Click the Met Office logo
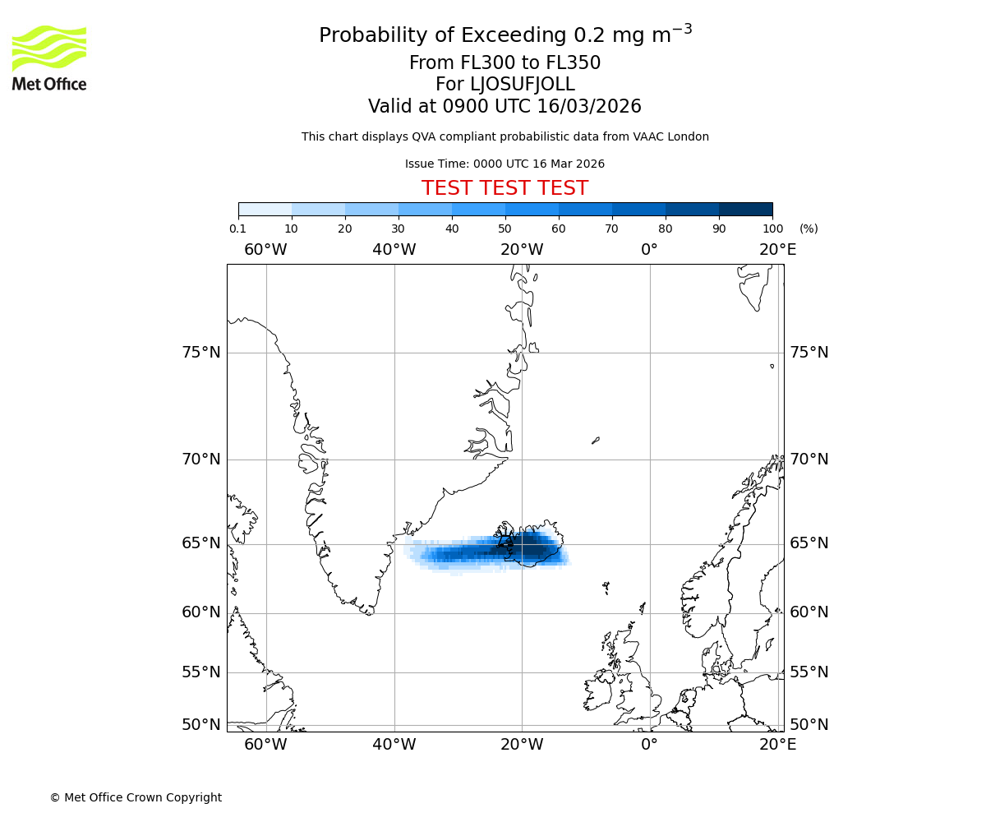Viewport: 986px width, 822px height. coord(49,58)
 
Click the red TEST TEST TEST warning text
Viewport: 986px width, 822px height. coord(505,188)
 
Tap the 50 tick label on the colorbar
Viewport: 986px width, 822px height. coord(505,229)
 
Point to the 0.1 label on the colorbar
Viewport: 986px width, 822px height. coord(237,229)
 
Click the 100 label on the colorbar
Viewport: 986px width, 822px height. coord(772,229)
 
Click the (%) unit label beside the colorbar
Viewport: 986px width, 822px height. coord(809,229)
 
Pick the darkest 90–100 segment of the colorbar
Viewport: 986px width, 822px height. coord(745,209)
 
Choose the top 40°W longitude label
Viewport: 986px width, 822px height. coord(394,249)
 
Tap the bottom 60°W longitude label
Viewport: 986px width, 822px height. coord(265,745)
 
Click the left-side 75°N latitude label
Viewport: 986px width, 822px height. coord(201,353)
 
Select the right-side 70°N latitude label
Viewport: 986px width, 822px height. coord(809,459)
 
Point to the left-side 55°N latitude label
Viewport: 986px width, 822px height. coord(201,672)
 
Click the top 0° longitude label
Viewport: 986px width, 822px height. coord(649,249)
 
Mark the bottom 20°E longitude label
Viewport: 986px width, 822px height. coord(777,745)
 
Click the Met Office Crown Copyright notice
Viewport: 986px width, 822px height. coord(136,797)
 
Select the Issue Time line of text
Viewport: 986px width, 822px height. coord(505,164)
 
